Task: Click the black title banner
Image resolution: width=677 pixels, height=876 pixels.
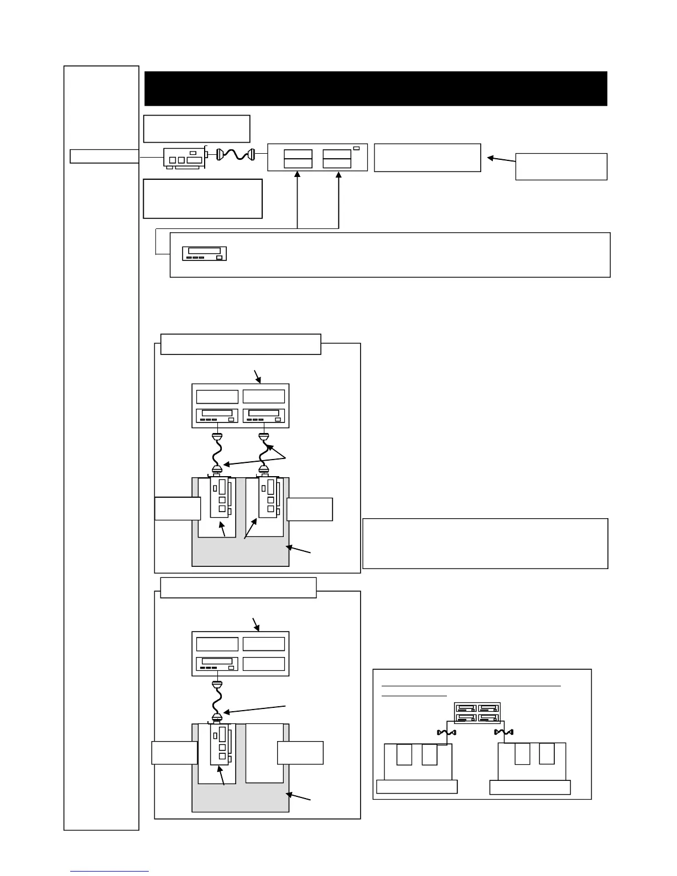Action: tap(376, 88)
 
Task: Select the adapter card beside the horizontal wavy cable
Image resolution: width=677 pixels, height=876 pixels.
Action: tap(185, 157)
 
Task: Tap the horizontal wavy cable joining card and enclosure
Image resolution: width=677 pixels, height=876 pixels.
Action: tap(236, 155)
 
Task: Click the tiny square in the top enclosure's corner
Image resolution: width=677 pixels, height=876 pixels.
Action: tap(356, 148)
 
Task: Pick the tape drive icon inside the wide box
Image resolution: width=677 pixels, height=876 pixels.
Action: tap(205, 253)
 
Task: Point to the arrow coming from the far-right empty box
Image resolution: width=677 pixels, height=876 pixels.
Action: tap(501, 160)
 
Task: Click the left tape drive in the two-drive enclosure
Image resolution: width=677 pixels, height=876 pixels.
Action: tap(217, 415)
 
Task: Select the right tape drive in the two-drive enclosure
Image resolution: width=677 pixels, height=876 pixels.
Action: tap(264, 415)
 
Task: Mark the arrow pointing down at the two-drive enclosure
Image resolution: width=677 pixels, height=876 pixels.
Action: tap(257, 376)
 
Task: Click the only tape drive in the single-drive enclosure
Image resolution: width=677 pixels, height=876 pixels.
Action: tap(217, 663)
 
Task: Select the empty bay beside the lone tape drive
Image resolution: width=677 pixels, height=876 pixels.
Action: tap(264, 663)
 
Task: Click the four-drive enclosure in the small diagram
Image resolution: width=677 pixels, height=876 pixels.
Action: tap(477, 712)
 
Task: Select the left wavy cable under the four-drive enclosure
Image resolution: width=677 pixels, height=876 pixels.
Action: tap(445, 733)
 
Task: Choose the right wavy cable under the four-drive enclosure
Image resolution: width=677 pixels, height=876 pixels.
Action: tap(504, 733)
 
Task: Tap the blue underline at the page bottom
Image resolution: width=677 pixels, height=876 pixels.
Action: tap(110, 871)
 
